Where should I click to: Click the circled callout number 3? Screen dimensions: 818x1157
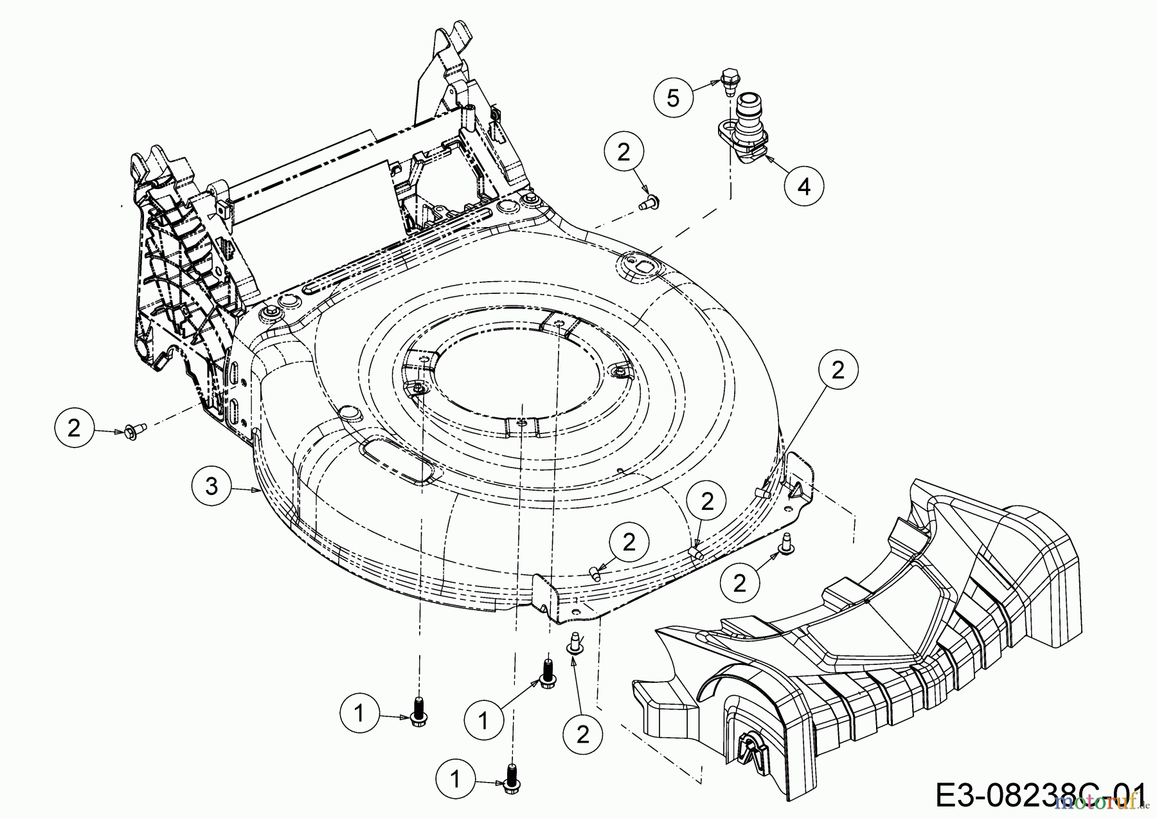[211, 486]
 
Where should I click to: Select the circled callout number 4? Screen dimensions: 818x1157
[803, 186]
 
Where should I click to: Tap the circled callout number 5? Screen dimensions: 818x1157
[673, 98]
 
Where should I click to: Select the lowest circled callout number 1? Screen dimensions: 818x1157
[455, 779]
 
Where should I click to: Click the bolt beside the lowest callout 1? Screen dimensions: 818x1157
[512, 776]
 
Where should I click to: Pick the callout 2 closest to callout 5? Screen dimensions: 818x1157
[623, 152]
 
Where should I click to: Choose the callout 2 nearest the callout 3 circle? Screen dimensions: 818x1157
[74, 428]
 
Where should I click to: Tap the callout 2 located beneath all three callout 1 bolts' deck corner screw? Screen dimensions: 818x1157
[583, 734]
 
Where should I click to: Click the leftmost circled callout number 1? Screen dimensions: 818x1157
[359, 713]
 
